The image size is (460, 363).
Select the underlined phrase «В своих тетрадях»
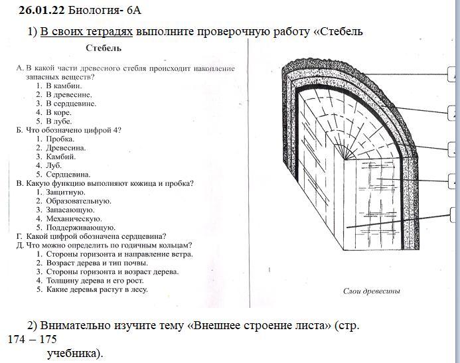(86, 32)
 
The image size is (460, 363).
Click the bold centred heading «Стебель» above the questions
(104, 48)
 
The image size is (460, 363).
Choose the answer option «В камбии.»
(64, 86)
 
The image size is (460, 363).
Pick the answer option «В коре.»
(58, 112)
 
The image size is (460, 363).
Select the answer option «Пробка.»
(60, 139)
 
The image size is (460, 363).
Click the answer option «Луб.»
(54, 165)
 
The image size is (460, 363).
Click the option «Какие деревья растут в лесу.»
(97, 289)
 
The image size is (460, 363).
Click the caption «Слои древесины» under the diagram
(372, 291)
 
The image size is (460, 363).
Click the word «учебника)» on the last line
(76, 353)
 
